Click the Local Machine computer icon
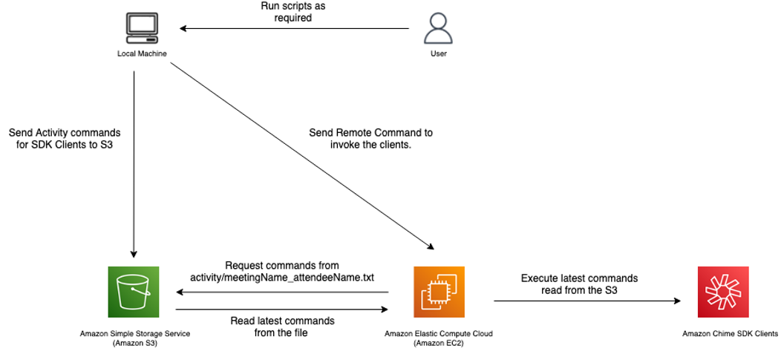tap(142, 30)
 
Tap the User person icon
tap(438, 28)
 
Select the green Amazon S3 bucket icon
tap(134, 292)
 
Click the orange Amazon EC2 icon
tap(439, 292)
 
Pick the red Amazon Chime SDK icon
tap(723, 292)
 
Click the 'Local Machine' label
tap(142, 53)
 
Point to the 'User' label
tap(438, 53)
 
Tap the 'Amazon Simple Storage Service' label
tap(135, 333)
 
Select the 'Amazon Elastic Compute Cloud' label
tap(438, 333)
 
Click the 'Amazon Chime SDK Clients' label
tap(731, 333)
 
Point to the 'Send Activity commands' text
tap(65, 134)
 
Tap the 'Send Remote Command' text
tap(370, 133)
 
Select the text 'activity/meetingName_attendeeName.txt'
tap(282, 277)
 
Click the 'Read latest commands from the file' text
tap(282, 326)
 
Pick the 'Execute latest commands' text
tap(579, 278)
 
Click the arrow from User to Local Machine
tap(295, 28)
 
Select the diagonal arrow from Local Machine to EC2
tap(302, 156)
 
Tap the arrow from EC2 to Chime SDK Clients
tap(587, 301)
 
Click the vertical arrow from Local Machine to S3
tap(134, 164)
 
